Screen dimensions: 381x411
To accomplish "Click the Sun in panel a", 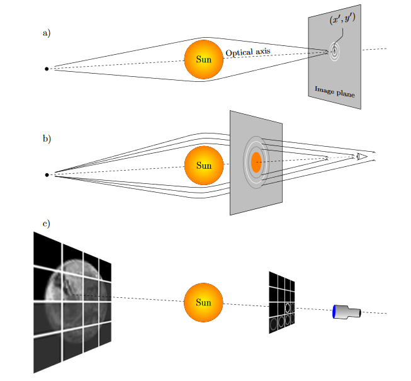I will click(x=203, y=60).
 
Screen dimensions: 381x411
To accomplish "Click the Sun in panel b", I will click(x=203, y=166).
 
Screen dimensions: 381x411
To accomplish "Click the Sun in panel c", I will click(x=203, y=302).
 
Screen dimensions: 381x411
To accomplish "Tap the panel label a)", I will click(x=46, y=33).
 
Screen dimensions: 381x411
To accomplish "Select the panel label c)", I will click(x=46, y=224).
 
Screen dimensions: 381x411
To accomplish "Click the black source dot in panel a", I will click(x=46, y=69).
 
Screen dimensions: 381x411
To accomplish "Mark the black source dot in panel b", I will click(x=46, y=174).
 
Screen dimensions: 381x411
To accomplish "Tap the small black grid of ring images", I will click(x=282, y=302).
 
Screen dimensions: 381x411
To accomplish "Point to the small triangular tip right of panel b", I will click(x=361, y=156).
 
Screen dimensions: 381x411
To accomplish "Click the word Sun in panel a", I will click(x=203, y=60).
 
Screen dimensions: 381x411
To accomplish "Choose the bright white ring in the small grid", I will click(x=287, y=307).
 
